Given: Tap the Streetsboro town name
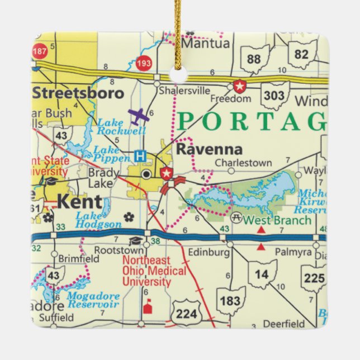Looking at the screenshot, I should (x=78, y=92).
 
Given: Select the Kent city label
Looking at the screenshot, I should (x=80, y=202).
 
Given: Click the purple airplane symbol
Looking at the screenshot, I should (x=139, y=116).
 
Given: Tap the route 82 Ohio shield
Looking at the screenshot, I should (x=301, y=54).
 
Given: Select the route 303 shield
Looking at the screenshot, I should (x=274, y=96).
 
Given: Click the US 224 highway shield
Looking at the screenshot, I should (x=186, y=313).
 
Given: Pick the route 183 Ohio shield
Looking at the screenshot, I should (x=230, y=301).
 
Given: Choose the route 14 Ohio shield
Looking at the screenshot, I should (x=262, y=274).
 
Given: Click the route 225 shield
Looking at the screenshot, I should (x=314, y=278).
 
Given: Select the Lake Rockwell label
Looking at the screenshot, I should (x=121, y=126).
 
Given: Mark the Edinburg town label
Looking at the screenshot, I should (x=210, y=252).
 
